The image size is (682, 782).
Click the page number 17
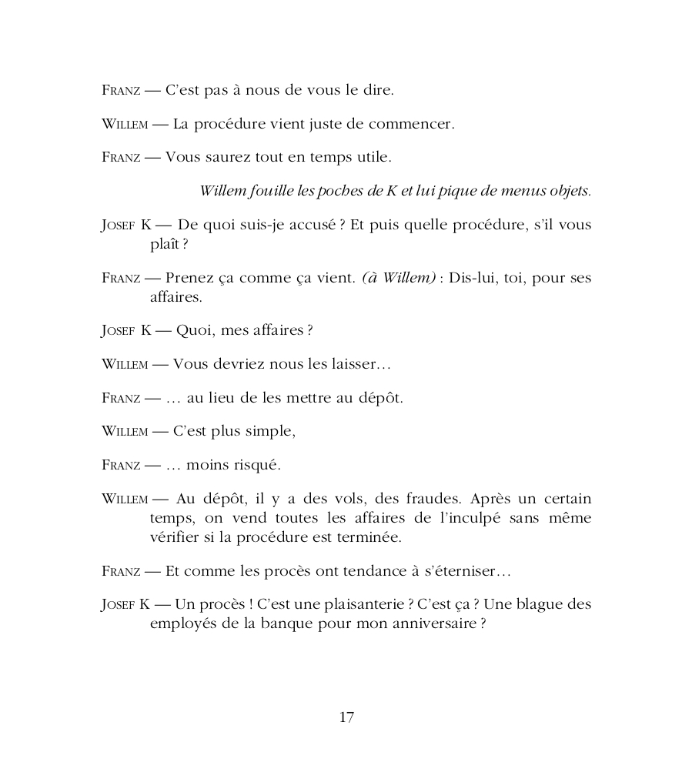pos(346,717)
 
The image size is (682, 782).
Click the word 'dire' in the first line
pos(378,90)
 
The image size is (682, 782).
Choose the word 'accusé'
pos(306,226)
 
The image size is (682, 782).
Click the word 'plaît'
pos(165,245)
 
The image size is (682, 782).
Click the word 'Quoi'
pos(195,331)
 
